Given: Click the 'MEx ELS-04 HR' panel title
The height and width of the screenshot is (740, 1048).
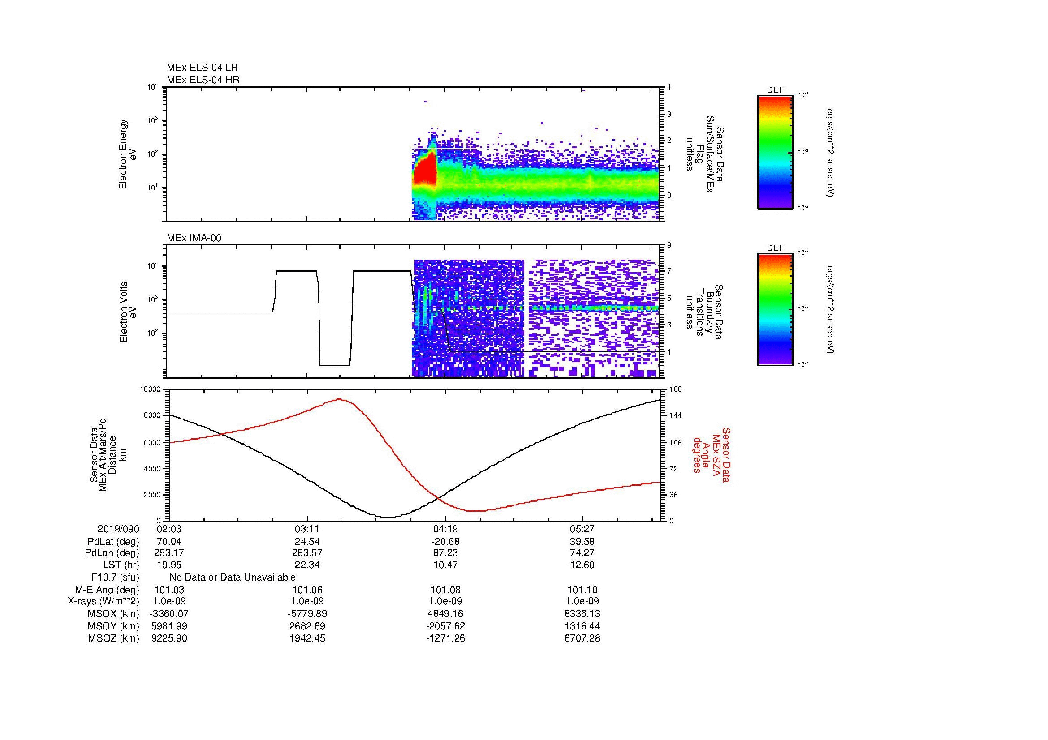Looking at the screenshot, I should point(203,80).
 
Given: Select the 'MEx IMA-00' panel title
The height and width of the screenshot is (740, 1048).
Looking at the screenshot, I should point(194,238).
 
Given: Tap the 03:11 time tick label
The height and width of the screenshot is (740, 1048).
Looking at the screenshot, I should point(307,529).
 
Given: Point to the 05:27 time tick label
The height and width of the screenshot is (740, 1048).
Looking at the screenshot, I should point(582,529).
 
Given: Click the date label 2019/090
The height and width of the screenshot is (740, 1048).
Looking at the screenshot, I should point(118,529).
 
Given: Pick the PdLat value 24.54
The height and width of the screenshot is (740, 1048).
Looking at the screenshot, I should point(307,542).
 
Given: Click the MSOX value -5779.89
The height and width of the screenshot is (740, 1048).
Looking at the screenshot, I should point(307,614).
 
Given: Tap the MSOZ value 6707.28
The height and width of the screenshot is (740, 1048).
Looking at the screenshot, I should point(582,638).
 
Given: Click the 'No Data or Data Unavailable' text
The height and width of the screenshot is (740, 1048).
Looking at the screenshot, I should point(233,577).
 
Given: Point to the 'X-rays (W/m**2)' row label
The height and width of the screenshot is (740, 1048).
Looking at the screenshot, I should point(103,601).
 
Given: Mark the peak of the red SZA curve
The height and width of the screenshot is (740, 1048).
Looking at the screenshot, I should point(340,399).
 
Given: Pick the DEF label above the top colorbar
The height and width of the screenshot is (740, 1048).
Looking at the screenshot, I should point(775,90).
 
